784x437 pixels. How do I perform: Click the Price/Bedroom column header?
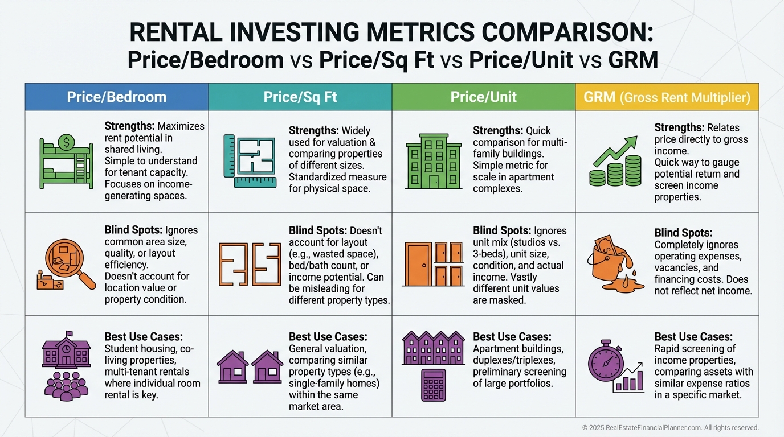point(117,97)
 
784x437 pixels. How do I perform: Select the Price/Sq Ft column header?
point(300,97)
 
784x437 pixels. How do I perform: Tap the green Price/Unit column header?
point(483,97)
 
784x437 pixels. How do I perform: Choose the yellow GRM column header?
point(667,97)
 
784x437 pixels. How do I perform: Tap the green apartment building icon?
point(433,162)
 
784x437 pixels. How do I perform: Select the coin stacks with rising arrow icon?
point(615,162)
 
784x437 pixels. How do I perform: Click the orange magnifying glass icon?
point(66,265)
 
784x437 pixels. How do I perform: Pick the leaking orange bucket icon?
point(615,265)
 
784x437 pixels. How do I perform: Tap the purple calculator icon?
point(434,385)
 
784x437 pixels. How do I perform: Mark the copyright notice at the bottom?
point(670,427)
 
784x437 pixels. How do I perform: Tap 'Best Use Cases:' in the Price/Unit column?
point(512,337)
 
